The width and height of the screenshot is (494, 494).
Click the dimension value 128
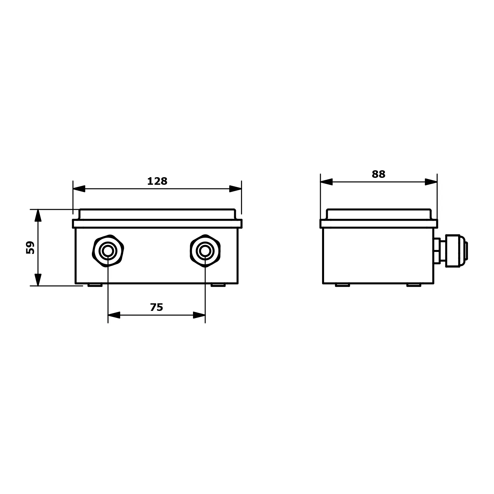click(157, 181)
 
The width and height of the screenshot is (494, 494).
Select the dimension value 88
click(378, 174)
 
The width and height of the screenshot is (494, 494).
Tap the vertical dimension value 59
click(30, 247)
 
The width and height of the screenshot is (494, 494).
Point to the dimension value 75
click(156, 307)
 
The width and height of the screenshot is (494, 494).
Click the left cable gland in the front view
click(108, 251)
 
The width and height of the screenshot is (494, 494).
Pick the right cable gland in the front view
click(205, 251)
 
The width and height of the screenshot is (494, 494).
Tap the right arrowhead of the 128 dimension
click(235, 189)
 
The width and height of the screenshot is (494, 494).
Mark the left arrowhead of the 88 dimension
click(326, 182)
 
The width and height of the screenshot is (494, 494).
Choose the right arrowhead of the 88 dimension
click(431, 182)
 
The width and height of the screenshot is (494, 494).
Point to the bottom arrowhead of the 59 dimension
click(38, 280)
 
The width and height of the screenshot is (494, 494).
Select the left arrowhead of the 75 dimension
click(114, 315)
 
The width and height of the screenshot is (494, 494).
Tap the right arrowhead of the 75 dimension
click(199, 315)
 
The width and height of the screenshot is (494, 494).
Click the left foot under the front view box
click(95, 285)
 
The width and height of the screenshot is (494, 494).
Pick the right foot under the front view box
click(218, 285)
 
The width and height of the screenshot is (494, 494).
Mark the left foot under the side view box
click(343, 285)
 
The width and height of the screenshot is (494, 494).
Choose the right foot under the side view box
click(414, 285)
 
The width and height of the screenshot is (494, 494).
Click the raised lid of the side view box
click(379, 214)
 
